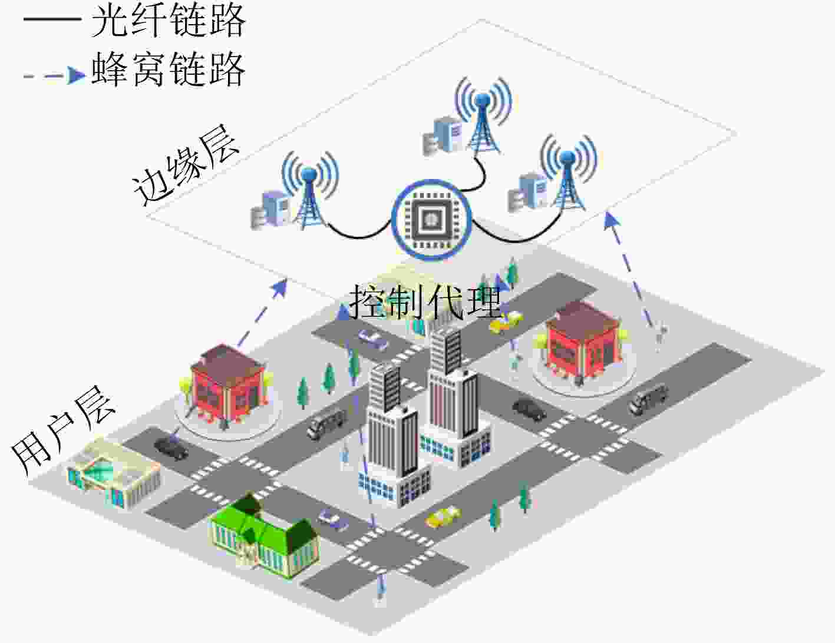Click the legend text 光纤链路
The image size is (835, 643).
[169, 21]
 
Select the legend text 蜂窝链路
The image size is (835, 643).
[169, 69]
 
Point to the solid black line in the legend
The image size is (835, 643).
[52, 20]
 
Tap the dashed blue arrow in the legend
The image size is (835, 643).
[54, 75]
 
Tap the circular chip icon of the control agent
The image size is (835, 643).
[431, 220]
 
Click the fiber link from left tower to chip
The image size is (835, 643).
[357, 235]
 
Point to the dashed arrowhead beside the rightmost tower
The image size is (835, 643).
[612, 220]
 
